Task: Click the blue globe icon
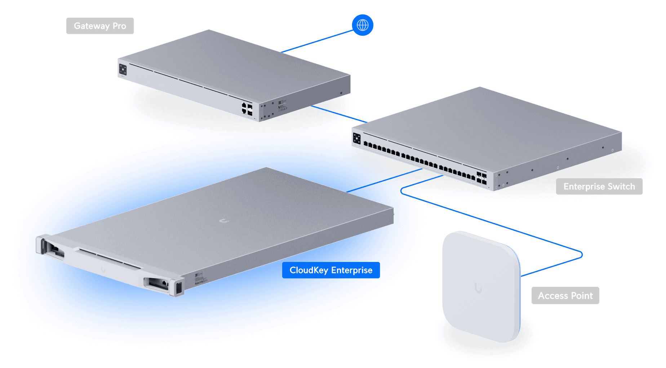click(363, 25)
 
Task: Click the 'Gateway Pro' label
click(100, 26)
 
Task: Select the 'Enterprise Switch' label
click(599, 187)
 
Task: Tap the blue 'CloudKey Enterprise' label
click(331, 270)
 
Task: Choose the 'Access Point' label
click(565, 295)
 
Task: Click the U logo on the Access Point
click(478, 288)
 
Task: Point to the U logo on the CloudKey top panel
click(224, 220)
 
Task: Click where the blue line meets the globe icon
click(353, 31)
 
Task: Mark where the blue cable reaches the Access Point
click(521, 276)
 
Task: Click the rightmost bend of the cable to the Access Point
click(582, 255)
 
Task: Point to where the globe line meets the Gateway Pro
click(281, 52)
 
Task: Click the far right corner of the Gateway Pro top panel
click(350, 75)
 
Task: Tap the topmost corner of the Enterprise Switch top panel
click(480, 87)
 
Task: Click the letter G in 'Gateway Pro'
click(77, 26)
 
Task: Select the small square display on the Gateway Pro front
click(123, 69)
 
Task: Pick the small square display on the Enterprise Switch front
click(357, 139)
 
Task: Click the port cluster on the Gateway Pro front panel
click(247, 109)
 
